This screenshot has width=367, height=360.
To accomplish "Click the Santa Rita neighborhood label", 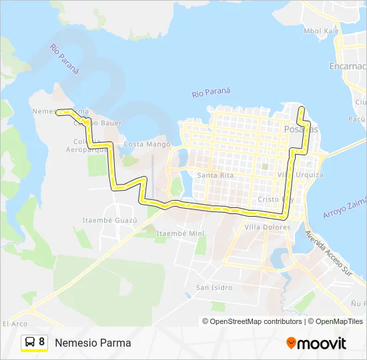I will (215, 175).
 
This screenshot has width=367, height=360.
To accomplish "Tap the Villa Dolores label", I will (268, 227).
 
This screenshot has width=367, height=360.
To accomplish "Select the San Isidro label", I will (214, 287).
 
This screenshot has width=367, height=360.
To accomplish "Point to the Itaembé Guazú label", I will (109, 220).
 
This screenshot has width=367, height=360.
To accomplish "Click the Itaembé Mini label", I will (179, 233).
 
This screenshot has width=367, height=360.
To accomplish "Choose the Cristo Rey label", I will (275, 199).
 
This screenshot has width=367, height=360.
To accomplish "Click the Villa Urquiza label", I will (300, 175).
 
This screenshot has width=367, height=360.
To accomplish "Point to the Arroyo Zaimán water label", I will (345, 204).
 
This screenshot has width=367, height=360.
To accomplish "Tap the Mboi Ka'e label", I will (322, 31).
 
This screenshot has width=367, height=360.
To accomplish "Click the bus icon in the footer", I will (30, 342).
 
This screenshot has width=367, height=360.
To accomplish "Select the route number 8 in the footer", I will (42, 342).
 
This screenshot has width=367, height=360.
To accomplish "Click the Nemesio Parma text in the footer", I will (93, 343).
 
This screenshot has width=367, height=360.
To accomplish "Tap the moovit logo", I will (316, 343).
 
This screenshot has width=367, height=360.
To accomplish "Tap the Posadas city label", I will (301, 129).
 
